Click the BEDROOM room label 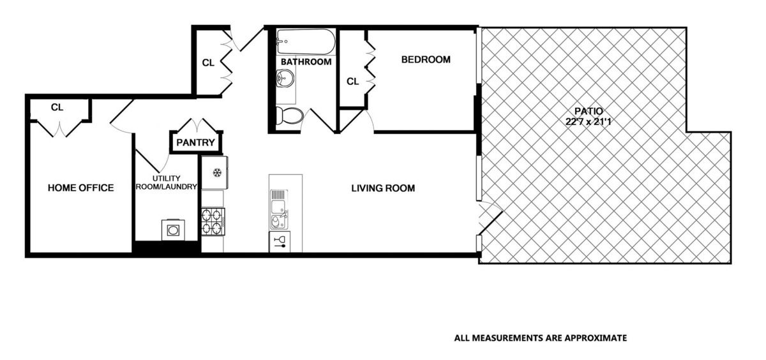tap(425, 60)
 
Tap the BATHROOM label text tap(306, 62)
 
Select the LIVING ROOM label tap(383, 188)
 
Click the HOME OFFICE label tap(81, 188)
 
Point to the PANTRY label tap(196, 142)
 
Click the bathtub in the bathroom tap(305, 43)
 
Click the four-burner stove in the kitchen tap(213, 221)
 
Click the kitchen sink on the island tap(279, 206)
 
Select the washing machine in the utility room tap(172, 229)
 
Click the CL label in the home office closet tap(57, 107)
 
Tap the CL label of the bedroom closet tap(352, 82)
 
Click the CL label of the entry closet tap(208, 63)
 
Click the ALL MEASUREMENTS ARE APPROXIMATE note tap(540, 338)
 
